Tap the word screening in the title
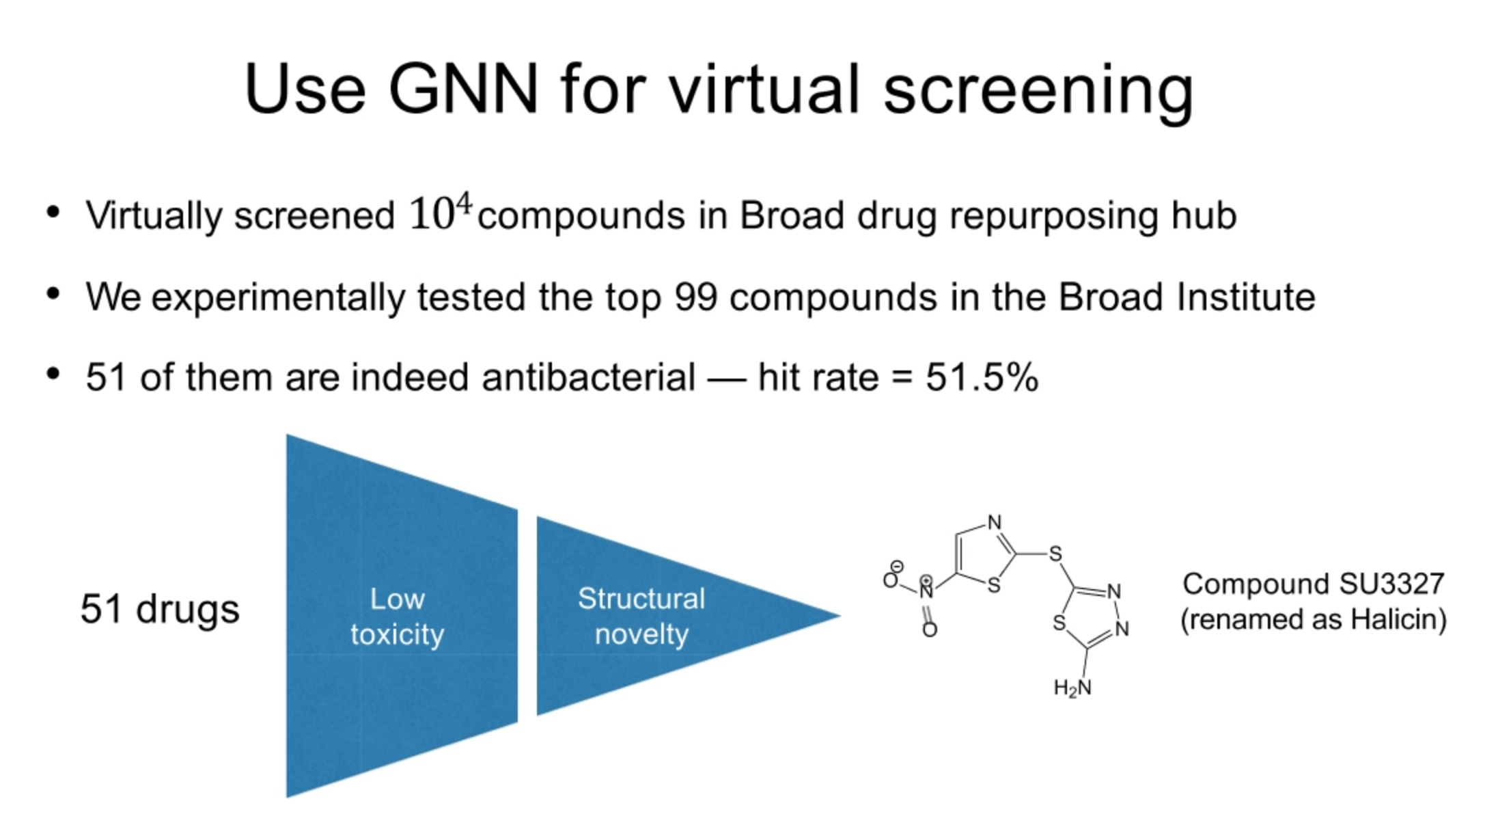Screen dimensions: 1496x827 point(1038,92)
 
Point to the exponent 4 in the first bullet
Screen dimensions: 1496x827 point(465,203)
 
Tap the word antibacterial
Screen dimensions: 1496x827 point(588,377)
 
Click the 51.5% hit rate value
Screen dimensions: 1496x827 point(982,377)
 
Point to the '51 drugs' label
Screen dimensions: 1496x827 point(160,609)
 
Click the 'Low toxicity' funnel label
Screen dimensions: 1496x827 point(397,616)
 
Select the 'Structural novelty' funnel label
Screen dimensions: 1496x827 point(641,616)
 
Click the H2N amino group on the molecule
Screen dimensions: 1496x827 point(1072,688)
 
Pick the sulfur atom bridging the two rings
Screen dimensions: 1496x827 point(1055,554)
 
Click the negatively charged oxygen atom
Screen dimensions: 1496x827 point(891,579)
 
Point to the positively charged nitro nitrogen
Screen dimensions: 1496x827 point(926,590)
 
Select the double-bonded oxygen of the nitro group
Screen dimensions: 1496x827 point(929,629)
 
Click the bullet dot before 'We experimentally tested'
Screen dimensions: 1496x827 point(53,295)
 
